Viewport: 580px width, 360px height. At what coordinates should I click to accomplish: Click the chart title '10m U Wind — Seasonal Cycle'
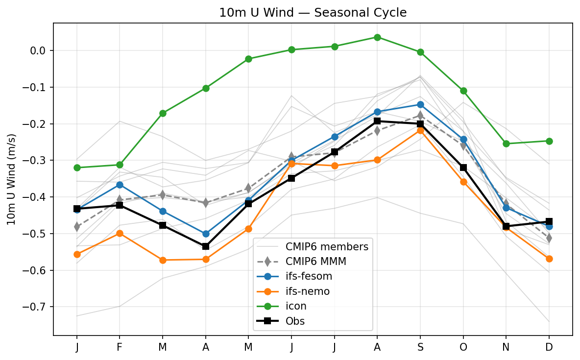coord(313,13)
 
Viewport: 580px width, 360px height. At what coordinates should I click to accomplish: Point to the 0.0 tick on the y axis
coord(39,51)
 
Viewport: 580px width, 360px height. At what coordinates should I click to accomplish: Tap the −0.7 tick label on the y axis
coord(37,307)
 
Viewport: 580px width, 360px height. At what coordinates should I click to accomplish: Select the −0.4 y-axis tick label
coord(37,197)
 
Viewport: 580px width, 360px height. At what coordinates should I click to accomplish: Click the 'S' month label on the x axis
coord(420,347)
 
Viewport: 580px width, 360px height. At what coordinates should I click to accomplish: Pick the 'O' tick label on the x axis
coord(463,347)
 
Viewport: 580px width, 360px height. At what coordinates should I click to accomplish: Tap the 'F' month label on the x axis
coord(120,347)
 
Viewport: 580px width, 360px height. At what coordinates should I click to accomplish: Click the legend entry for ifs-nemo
coord(307,291)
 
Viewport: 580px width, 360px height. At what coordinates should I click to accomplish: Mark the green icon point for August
coord(377,37)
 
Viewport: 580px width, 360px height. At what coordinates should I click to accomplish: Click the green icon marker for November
coord(506,144)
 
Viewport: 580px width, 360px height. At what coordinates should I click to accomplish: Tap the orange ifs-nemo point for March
coord(163,260)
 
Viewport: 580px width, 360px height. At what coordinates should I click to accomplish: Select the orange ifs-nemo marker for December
coord(549,259)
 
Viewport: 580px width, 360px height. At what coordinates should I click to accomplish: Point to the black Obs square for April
coord(206,246)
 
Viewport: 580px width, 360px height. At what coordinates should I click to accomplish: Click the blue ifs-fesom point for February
coord(120,185)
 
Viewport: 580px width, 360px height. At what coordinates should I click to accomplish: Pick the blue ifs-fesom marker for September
coord(420,104)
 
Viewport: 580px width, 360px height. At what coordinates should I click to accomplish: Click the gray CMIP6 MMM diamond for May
coord(248,188)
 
